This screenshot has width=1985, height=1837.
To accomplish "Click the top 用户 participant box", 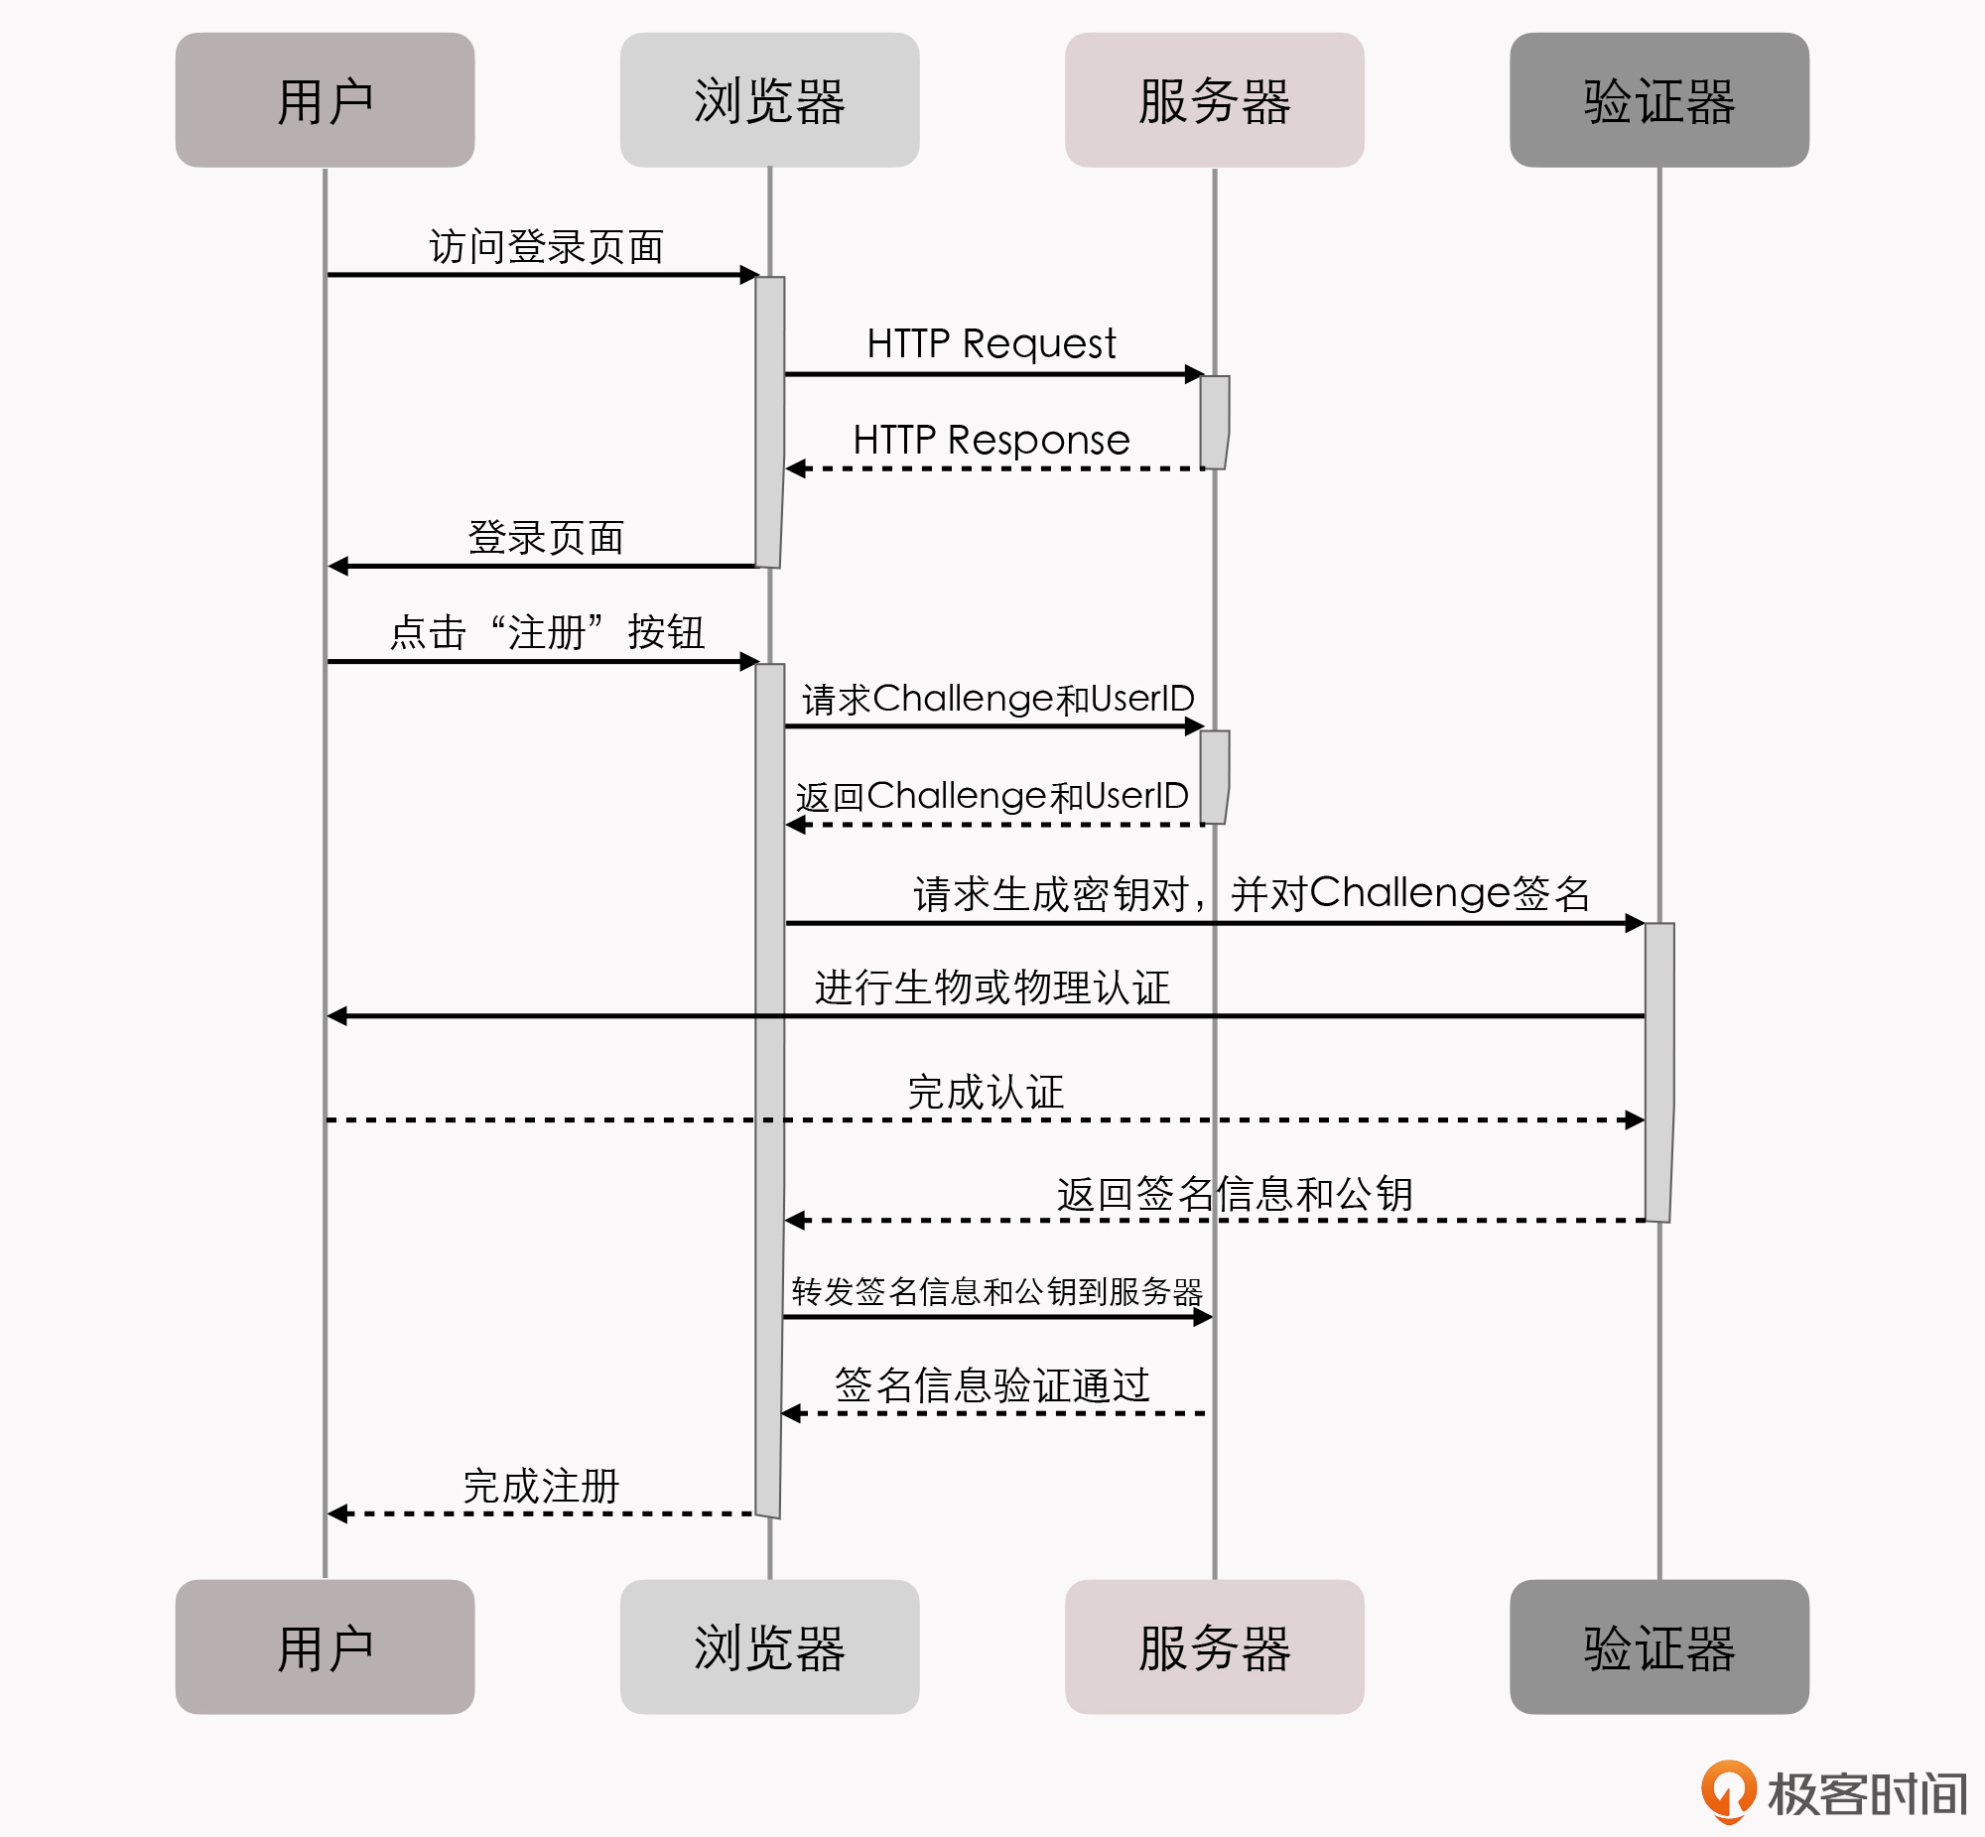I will click(324, 100).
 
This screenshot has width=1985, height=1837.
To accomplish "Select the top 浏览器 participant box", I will click(769, 100).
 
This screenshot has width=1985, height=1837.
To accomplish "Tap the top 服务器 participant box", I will click(1214, 100).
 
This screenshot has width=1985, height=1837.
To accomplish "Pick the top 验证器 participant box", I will click(1659, 100).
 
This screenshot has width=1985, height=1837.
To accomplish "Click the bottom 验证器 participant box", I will click(1659, 1647).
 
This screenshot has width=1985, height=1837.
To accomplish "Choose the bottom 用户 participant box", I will click(324, 1647).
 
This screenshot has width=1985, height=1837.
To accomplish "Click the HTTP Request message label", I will click(991, 344).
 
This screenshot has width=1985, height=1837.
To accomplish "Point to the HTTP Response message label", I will click(991, 441).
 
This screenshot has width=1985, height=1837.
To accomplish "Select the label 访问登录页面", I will click(546, 247).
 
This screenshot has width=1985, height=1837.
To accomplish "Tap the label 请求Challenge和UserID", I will click(997, 699).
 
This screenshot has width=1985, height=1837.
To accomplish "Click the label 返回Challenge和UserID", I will click(992, 796).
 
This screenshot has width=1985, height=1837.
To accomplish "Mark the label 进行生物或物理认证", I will click(992, 988).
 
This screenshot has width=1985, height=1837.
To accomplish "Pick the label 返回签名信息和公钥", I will click(1234, 1194).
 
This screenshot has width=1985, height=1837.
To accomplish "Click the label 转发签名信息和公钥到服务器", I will click(997, 1291).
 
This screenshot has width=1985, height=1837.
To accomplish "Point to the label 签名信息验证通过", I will click(992, 1385).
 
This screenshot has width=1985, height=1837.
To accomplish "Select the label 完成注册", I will click(542, 1487).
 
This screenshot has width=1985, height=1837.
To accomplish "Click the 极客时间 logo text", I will click(1867, 1794).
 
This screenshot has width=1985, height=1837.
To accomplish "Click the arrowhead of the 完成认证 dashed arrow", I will click(1635, 1120).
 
